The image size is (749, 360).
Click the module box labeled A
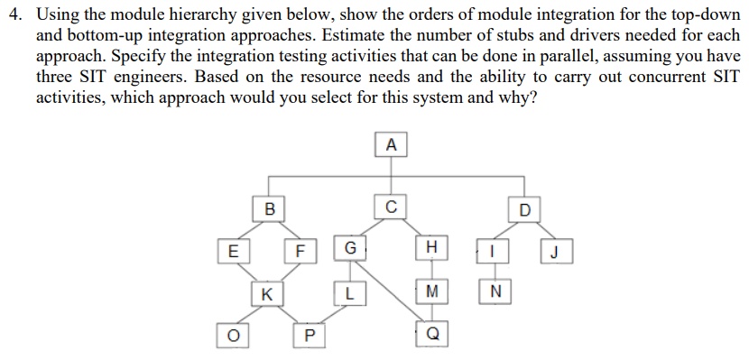pyautogui.click(x=390, y=144)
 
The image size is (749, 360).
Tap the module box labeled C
pyautogui.click(x=390, y=206)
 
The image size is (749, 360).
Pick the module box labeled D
pyautogui.click(x=525, y=210)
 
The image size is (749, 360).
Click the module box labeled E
pyautogui.click(x=233, y=250)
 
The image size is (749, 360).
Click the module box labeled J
pyautogui.click(x=556, y=250)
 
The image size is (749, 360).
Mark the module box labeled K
pyautogui.click(x=266, y=292)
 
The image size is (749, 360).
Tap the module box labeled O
pyautogui.click(x=232, y=335)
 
